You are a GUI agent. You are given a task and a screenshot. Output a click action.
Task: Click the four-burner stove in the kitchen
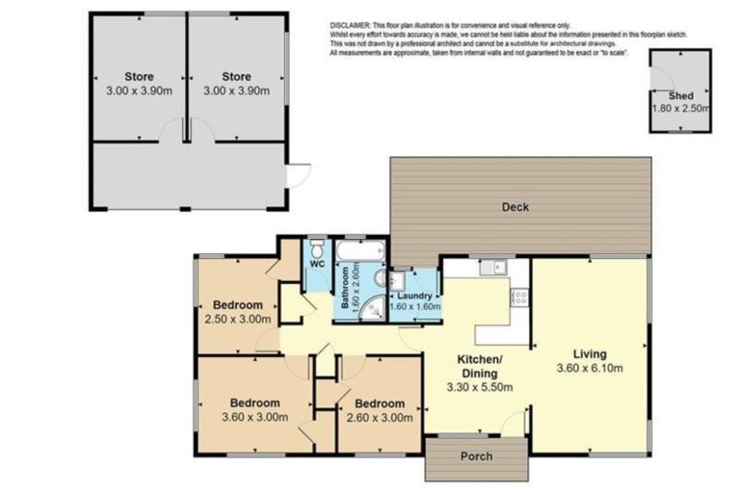point(518,298)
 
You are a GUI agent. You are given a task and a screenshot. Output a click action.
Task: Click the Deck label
point(515,206)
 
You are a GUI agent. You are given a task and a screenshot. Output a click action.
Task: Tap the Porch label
point(476,455)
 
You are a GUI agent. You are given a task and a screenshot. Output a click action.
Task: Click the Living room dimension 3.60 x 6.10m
point(590,368)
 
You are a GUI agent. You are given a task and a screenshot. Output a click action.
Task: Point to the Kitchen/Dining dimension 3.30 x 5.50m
point(479,387)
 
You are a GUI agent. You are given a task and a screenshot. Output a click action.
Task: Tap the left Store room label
point(139,77)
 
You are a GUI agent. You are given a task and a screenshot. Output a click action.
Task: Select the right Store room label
point(236,77)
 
